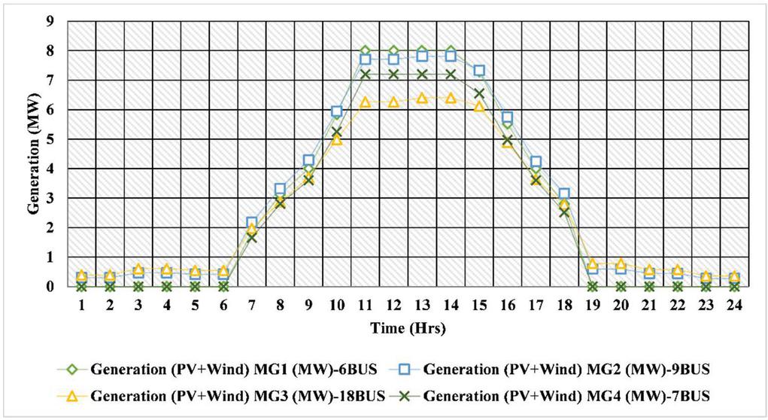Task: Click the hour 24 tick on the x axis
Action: (734, 306)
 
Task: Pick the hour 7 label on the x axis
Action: (251, 306)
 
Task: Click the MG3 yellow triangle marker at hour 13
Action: (422, 99)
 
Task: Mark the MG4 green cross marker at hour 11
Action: (365, 75)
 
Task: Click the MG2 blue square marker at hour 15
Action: (479, 71)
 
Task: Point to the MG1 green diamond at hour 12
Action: (393, 51)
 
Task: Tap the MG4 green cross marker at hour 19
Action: (593, 286)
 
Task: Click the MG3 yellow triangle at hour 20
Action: (621, 263)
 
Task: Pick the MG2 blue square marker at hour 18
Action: (564, 194)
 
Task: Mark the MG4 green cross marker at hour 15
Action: (479, 93)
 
